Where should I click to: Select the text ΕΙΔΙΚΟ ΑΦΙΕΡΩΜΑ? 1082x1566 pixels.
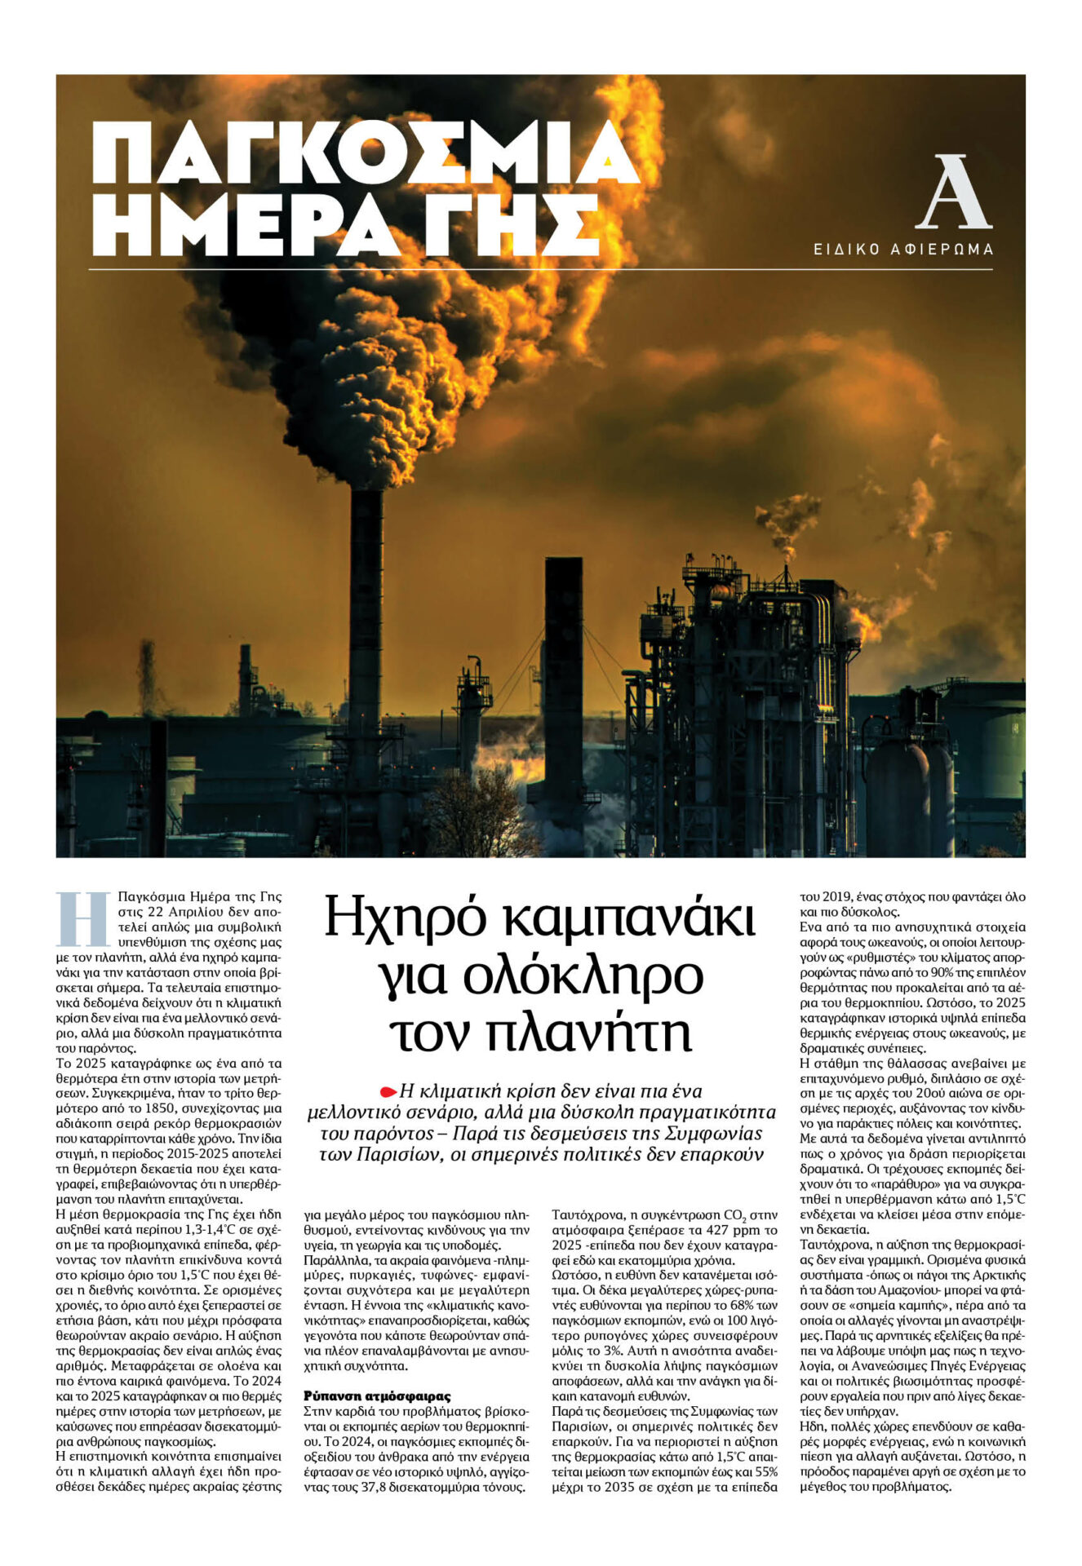tap(903, 250)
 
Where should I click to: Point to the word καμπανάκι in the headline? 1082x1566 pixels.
tap(628, 917)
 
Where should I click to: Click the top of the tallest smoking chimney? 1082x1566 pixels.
tap(367, 494)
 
